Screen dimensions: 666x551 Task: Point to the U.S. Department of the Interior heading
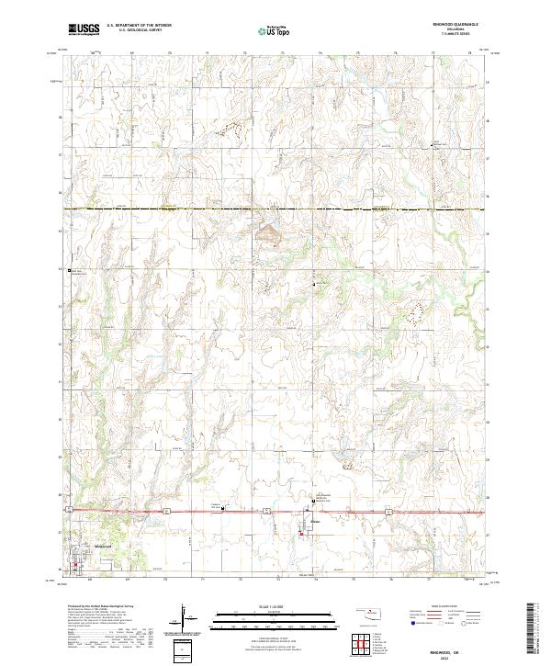coord(137,26)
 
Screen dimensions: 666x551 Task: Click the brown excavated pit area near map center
coord(269,236)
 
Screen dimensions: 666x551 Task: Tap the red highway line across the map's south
coord(184,510)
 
